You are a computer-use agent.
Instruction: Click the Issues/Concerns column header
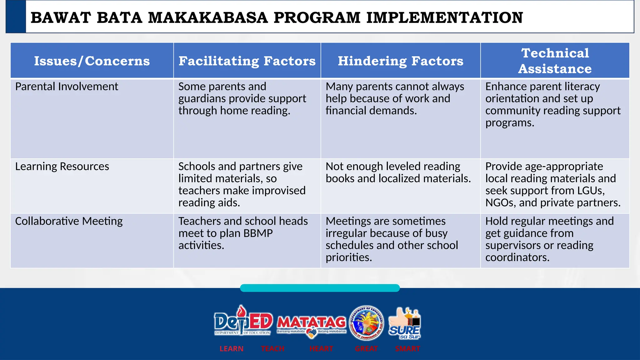point(92,61)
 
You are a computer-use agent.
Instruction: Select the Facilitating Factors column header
point(247,61)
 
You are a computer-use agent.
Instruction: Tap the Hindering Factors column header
point(400,61)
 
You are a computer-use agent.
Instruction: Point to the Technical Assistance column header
point(555,61)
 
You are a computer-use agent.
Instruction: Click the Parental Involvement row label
point(67,87)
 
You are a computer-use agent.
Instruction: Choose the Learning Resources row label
point(62,167)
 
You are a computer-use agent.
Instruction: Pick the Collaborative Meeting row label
point(69,221)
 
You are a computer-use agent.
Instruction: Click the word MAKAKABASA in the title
point(208,17)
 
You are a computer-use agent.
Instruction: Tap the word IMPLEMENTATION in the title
point(444,17)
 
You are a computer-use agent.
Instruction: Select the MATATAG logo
point(311,324)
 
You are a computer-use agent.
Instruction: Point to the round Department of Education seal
point(367,323)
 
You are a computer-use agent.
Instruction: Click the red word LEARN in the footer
point(231,349)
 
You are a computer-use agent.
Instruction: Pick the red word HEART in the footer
point(321,349)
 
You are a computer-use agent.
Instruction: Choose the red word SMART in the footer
point(407,349)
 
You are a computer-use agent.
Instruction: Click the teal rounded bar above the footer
point(320,288)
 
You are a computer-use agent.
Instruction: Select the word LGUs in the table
point(588,191)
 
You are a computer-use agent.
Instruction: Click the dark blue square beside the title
point(16,17)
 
